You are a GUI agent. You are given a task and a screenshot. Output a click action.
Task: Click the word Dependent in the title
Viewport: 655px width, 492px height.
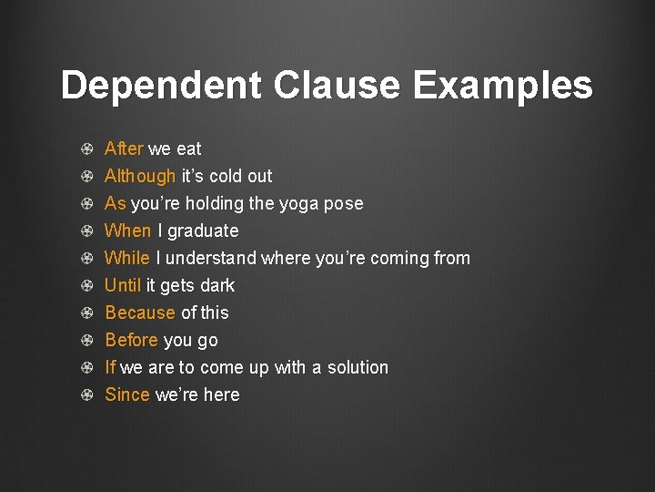[161, 87]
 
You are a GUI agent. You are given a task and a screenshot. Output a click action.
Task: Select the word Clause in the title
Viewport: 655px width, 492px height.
[337, 87]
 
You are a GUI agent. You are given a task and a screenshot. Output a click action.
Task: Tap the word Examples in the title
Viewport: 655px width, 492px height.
[502, 87]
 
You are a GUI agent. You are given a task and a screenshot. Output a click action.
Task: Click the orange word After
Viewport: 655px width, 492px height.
[124, 149]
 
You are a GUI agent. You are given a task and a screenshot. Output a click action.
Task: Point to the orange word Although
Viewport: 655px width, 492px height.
[140, 176]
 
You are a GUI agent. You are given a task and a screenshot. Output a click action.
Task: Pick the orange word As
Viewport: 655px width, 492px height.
[116, 203]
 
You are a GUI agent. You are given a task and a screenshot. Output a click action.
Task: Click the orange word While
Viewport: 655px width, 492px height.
[127, 258]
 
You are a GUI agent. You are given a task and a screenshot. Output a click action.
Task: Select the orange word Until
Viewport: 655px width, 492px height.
[123, 285]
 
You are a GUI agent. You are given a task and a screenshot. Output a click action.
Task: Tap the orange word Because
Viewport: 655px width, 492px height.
[140, 313]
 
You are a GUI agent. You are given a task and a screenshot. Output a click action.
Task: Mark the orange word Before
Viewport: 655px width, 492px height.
[132, 340]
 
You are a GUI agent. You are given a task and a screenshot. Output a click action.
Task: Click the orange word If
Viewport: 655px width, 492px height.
[110, 367]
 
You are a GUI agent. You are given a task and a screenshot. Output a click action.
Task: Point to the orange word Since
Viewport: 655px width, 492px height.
[127, 395]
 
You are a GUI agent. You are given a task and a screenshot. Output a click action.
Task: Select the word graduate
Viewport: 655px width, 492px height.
[203, 231]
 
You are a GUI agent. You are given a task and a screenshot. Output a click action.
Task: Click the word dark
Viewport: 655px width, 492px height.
[217, 285]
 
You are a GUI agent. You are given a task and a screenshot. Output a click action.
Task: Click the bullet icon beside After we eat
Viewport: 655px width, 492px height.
[86, 149]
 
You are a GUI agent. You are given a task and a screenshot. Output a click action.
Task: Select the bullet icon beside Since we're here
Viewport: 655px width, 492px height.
[86, 395]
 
